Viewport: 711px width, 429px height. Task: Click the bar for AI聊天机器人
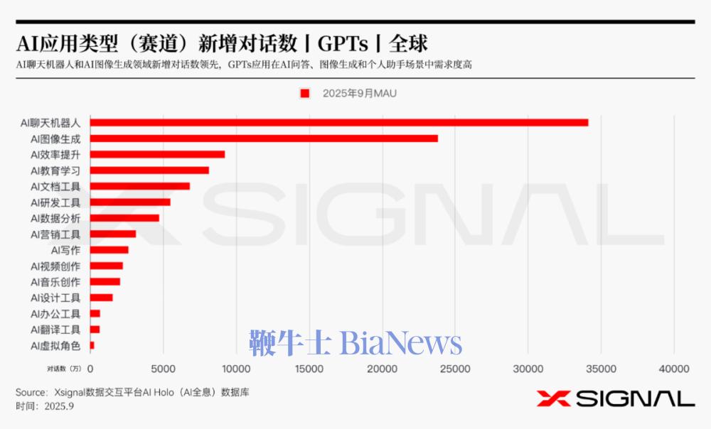(339, 123)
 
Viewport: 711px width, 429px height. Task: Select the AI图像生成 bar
(264, 139)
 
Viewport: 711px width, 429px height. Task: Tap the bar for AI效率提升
(157, 154)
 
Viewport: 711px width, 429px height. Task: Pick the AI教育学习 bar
(149, 170)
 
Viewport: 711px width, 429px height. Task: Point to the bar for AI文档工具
(140, 186)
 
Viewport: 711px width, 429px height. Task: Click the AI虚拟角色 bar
(92, 346)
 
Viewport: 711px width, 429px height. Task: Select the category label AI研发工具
(55, 202)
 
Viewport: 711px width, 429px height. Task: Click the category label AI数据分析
(55, 218)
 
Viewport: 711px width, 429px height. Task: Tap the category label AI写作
(65, 250)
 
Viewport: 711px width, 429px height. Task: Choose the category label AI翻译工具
(55, 330)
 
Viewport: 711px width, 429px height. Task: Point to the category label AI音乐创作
(55, 282)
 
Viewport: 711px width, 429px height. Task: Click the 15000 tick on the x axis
(309, 368)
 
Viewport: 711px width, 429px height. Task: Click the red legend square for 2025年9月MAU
(305, 93)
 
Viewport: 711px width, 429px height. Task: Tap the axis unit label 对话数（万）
(65, 368)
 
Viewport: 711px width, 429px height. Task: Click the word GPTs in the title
(343, 43)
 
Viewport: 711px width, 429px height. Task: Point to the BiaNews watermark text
(401, 344)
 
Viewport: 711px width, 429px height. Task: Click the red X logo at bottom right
(551, 398)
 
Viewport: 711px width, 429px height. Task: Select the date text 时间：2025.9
(45, 406)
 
